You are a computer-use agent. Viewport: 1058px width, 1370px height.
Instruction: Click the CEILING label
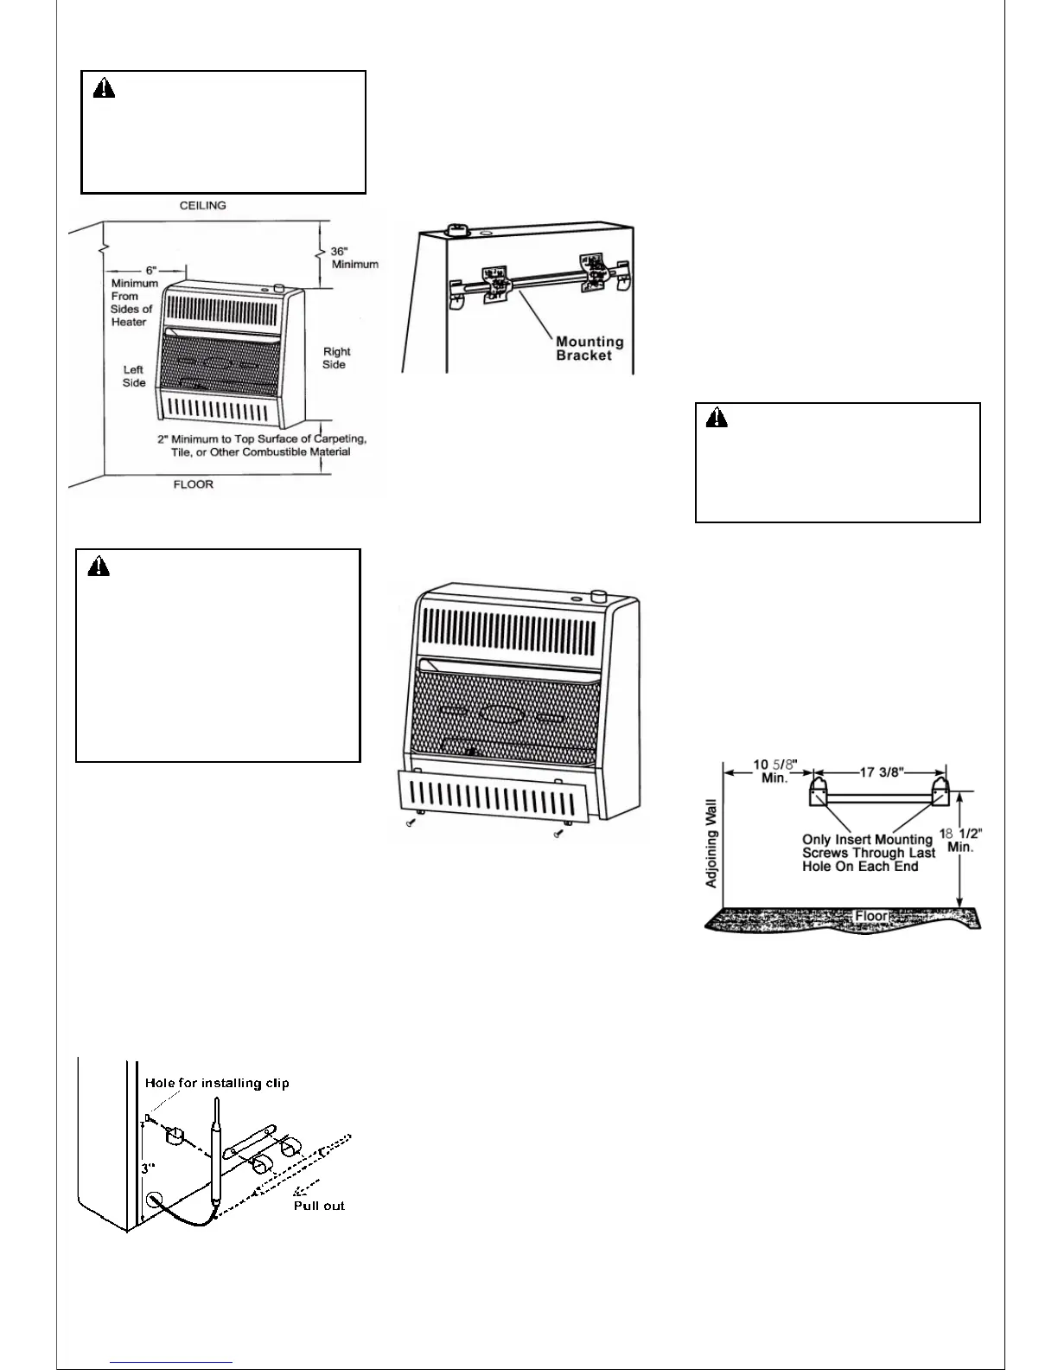202,206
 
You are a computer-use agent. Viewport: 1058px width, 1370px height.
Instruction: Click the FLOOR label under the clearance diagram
193,484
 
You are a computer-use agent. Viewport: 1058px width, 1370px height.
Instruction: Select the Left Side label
133,376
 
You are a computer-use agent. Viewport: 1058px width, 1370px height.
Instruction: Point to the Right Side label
335,358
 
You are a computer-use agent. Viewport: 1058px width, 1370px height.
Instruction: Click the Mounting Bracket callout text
590,348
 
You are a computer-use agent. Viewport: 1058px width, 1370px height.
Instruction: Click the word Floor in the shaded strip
871,916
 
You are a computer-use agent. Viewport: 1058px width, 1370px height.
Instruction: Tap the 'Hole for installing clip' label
217,1083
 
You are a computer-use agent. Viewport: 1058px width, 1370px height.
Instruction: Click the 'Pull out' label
319,1206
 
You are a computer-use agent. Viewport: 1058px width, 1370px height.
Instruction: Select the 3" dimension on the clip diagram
149,1168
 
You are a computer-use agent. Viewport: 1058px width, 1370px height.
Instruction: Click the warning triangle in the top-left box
104,88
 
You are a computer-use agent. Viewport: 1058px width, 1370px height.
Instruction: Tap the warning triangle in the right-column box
717,419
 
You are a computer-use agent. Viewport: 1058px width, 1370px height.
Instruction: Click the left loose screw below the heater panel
411,825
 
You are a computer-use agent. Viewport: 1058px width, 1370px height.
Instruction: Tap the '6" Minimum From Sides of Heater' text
134,296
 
